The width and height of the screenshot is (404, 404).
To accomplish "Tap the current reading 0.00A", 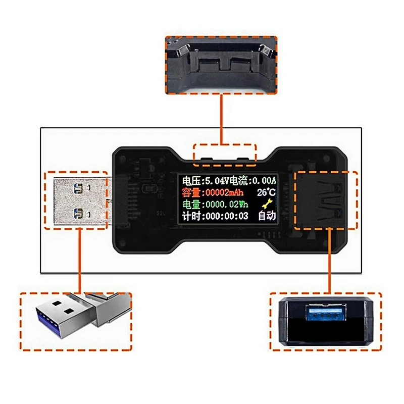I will pos(262,180).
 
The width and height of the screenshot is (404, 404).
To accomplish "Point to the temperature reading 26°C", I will pos(266,192).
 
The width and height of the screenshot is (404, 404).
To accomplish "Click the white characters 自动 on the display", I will pos(267,217).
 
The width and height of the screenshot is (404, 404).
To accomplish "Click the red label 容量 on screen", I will pos(190,192).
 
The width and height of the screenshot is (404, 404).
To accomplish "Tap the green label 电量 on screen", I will pos(190,205).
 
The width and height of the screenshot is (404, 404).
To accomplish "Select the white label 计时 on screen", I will pos(190,217).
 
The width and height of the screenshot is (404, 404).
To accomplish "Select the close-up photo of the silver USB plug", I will pos(75,321).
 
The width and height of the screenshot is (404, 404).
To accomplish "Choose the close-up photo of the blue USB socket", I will pos(323,321).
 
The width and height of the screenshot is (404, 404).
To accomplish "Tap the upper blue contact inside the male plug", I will pos(77,189).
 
